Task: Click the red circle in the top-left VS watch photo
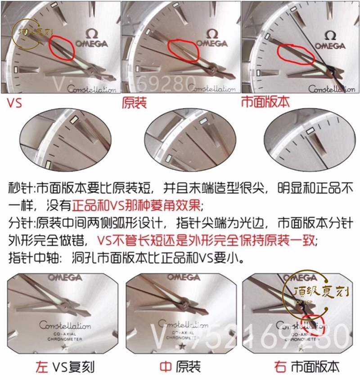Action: [x=60, y=48]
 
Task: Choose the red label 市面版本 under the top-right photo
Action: [x=265, y=103]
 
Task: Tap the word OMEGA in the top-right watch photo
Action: [x=330, y=45]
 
